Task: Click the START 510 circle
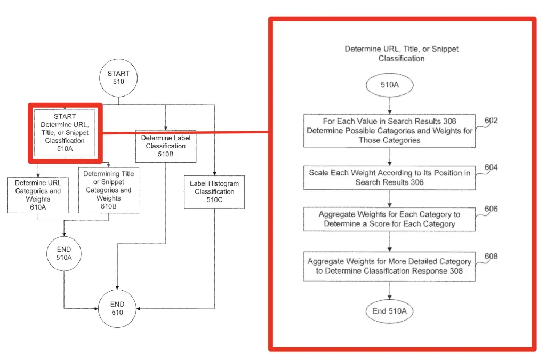[118, 78]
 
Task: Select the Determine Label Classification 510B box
[166, 146]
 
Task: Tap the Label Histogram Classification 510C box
[214, 192]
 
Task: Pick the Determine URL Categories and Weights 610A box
[38, 195]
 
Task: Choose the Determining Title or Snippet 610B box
[109, 190]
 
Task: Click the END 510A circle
[64, 253]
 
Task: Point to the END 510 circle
[117, 308]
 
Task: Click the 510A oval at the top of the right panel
[390, 85]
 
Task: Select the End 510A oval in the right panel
[389, 311]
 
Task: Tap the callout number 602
[491, 121]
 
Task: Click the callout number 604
[491, 167]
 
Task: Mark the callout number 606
[491, 209]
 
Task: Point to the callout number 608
[491, 256]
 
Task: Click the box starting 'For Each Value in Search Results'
[389, 131]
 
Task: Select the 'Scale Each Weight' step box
[389, 178]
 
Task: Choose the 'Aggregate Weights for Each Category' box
[389, 219]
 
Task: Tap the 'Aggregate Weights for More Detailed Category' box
[389, 266]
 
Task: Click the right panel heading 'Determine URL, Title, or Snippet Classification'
[402, 54]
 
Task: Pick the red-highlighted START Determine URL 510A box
[65, 133]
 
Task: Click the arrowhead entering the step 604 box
[390, 164]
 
